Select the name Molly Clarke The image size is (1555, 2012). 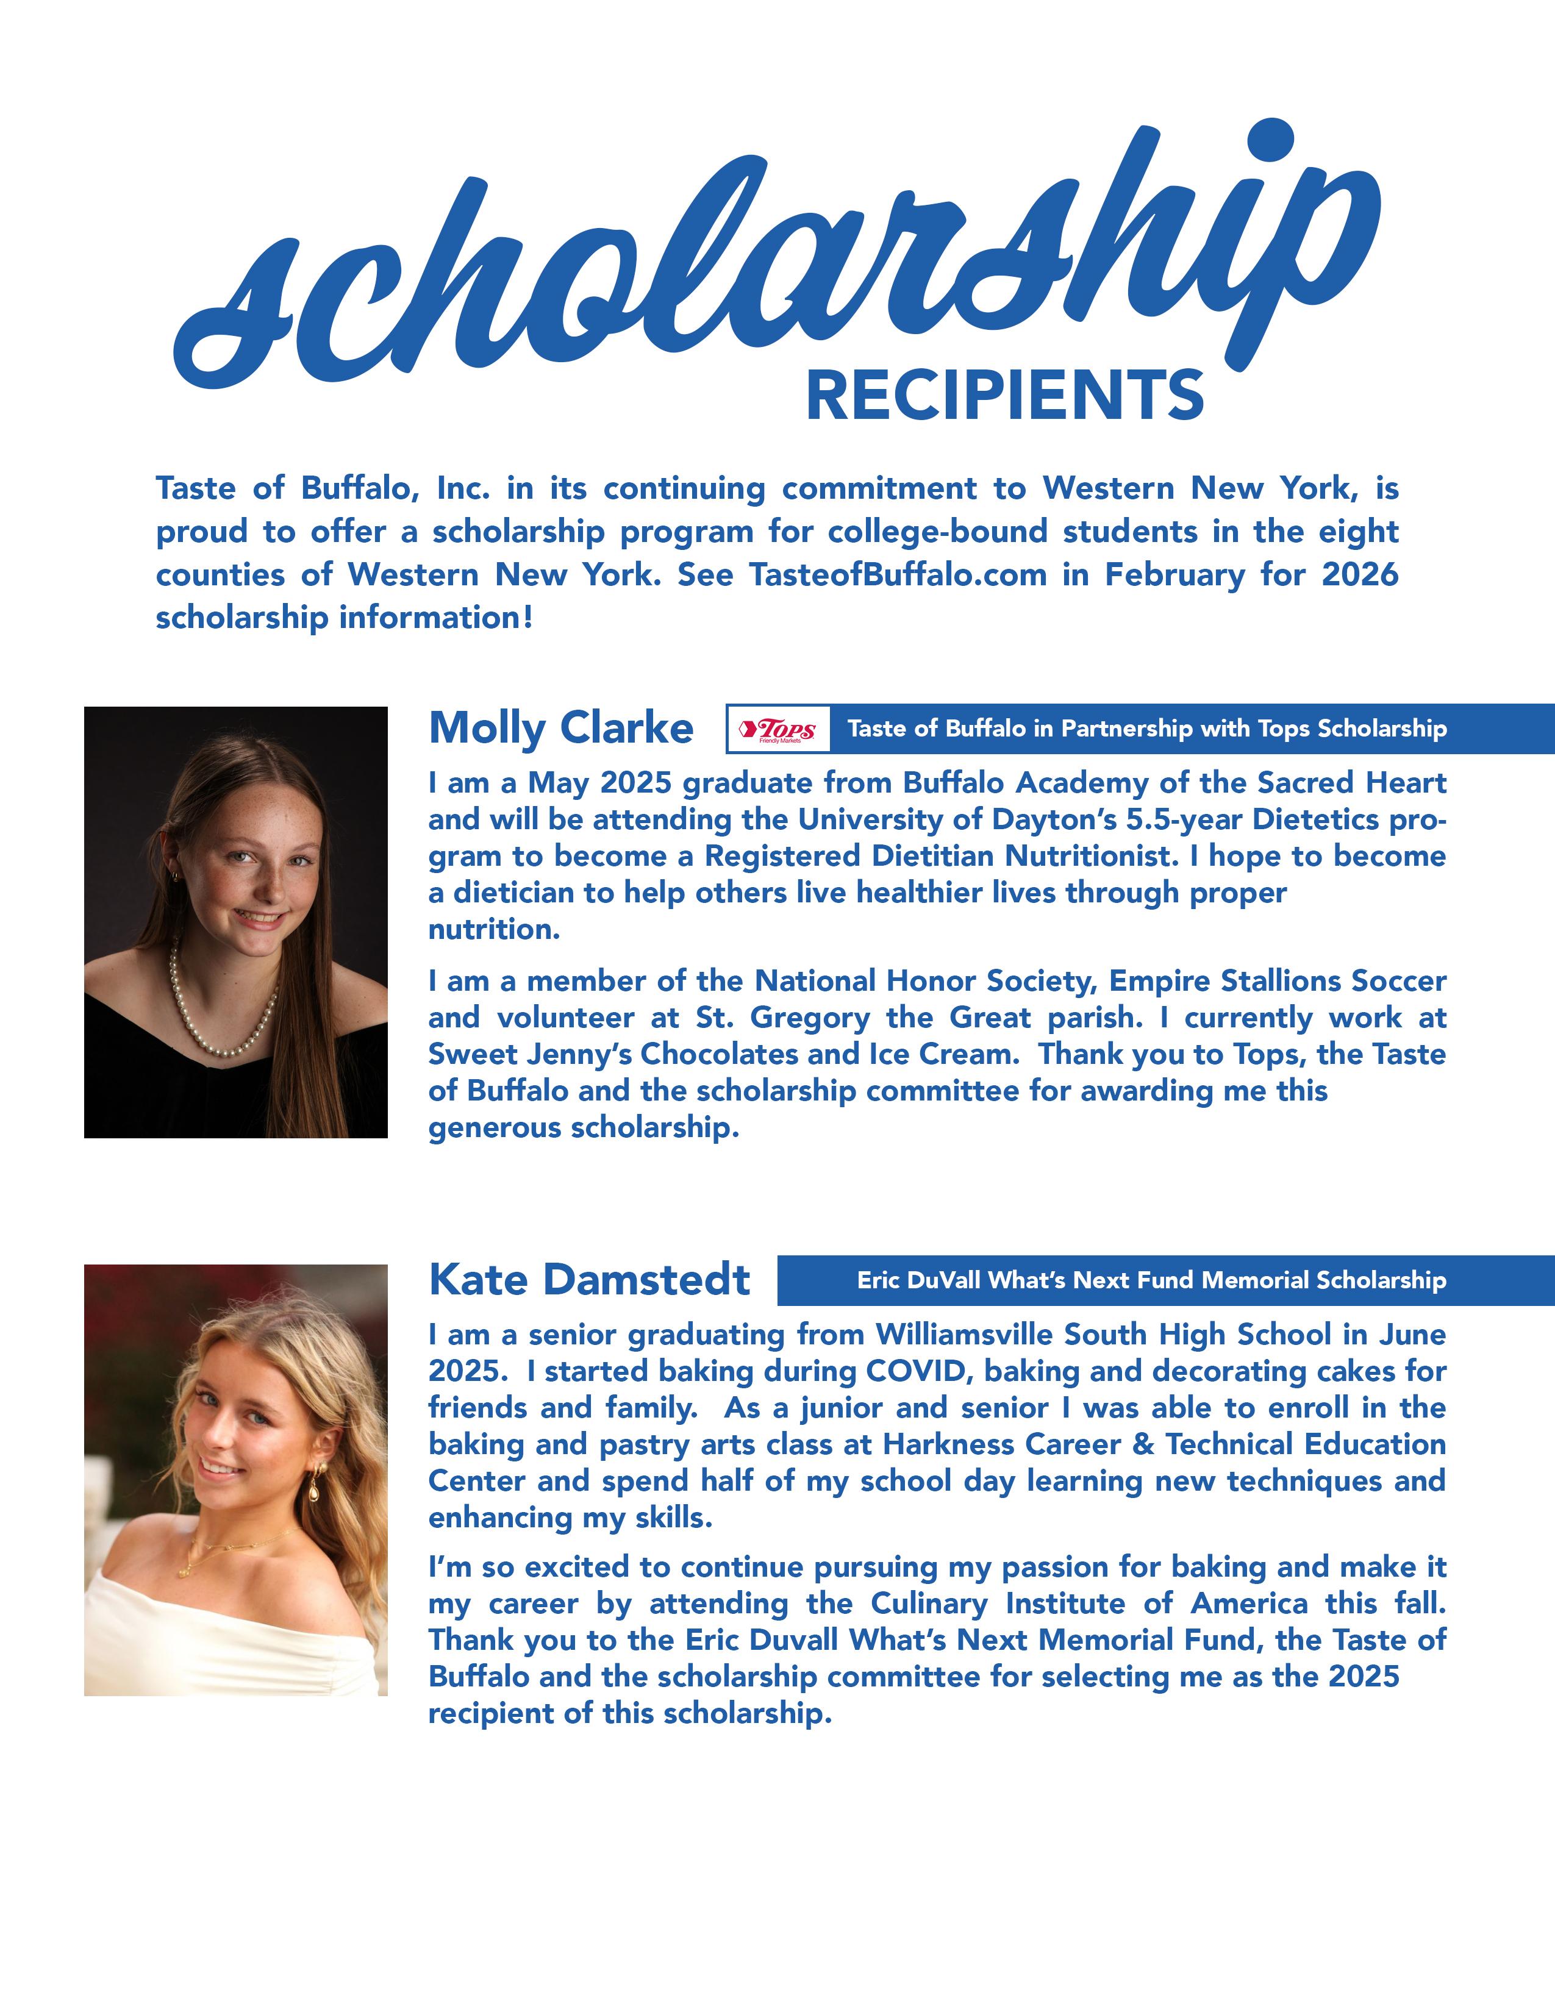561,728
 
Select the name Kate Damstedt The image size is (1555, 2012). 590,1280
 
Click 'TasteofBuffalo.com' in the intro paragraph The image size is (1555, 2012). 898,575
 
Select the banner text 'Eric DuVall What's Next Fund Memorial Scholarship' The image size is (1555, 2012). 1151,1280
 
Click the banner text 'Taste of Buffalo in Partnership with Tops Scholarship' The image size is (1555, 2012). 1147,729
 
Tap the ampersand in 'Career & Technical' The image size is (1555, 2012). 1143,1444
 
